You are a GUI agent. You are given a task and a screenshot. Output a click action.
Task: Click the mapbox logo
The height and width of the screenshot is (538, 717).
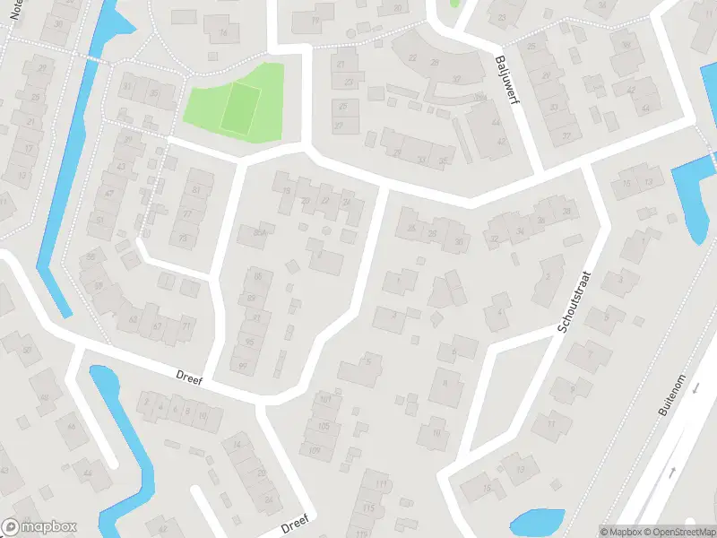click(x=39, y=527)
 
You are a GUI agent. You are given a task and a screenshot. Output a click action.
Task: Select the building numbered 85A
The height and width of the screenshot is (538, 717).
click(x=260, y=233)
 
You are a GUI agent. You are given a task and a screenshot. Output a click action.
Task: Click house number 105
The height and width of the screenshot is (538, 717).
click(x=324, y=425)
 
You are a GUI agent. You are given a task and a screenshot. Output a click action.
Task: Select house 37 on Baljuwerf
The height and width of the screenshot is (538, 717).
click(x=566, y=136)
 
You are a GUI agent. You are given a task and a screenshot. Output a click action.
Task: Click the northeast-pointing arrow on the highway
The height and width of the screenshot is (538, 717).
click(x=671, y=471)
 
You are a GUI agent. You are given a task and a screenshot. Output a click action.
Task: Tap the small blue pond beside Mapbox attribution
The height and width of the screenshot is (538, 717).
click(x=536, y=520)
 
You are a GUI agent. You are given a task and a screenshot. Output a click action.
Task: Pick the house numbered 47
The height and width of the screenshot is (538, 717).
click(x=109, y=193)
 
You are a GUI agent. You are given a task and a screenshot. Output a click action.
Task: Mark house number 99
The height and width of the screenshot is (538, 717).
click(x=244, y=365)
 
